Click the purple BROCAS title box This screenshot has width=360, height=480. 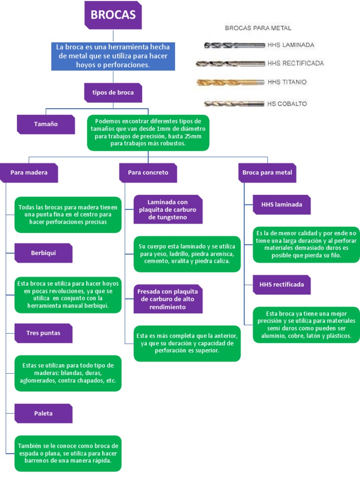click(x=113, y=15)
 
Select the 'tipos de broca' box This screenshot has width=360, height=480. click(x=113, y=92)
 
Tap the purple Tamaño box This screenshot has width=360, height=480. click(x=45, y=124)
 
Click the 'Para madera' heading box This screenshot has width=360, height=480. click(x=29, y=172)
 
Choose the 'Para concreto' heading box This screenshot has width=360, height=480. click(x=148, y=172)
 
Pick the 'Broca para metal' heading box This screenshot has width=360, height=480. click(x=267, y=172)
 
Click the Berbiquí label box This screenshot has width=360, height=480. click(x=44, y=253)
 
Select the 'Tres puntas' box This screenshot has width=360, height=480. click(x=44, y=333)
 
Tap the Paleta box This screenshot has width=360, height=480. click(x=44, y=413)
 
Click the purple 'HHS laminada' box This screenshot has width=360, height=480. click(x=282, y=204)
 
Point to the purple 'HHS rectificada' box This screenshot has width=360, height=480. click(x=282, y=285)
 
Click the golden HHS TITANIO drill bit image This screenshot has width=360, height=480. click(x=230, y=82)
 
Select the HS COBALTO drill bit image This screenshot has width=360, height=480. click(x=234, y=103)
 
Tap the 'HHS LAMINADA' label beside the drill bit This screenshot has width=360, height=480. click(x=291, y=45)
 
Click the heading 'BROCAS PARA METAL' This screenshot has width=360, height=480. click(x=258, y=28)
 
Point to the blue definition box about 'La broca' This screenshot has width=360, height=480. click(x=113, y=56)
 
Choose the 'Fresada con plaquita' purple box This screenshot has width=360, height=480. click(x=168, y=299)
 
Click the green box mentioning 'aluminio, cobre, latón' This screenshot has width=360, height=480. click(x=306, y=324)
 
